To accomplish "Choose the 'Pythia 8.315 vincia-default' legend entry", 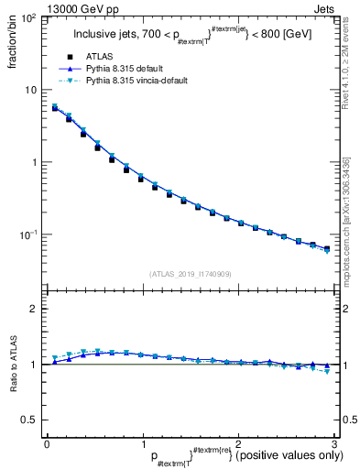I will [x=144, y=81].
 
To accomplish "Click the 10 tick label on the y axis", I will [x=31, y=90].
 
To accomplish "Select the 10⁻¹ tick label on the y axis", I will [x=29, y=234].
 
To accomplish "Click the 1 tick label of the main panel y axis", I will [x=35, y=162].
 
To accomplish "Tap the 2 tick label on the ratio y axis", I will [x=34, y=309].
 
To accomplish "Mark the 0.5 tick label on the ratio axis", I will [x=30, y=420].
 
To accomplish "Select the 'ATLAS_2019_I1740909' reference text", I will [x=191, y=274].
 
